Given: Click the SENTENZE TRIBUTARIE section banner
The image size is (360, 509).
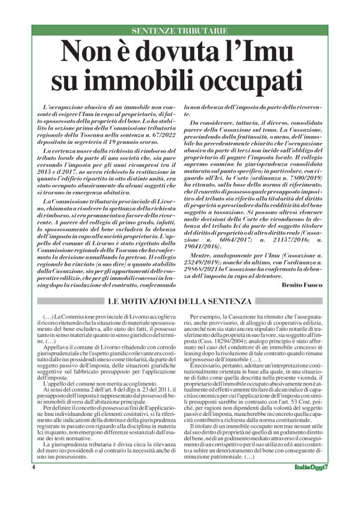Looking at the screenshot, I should coord(180,30).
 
